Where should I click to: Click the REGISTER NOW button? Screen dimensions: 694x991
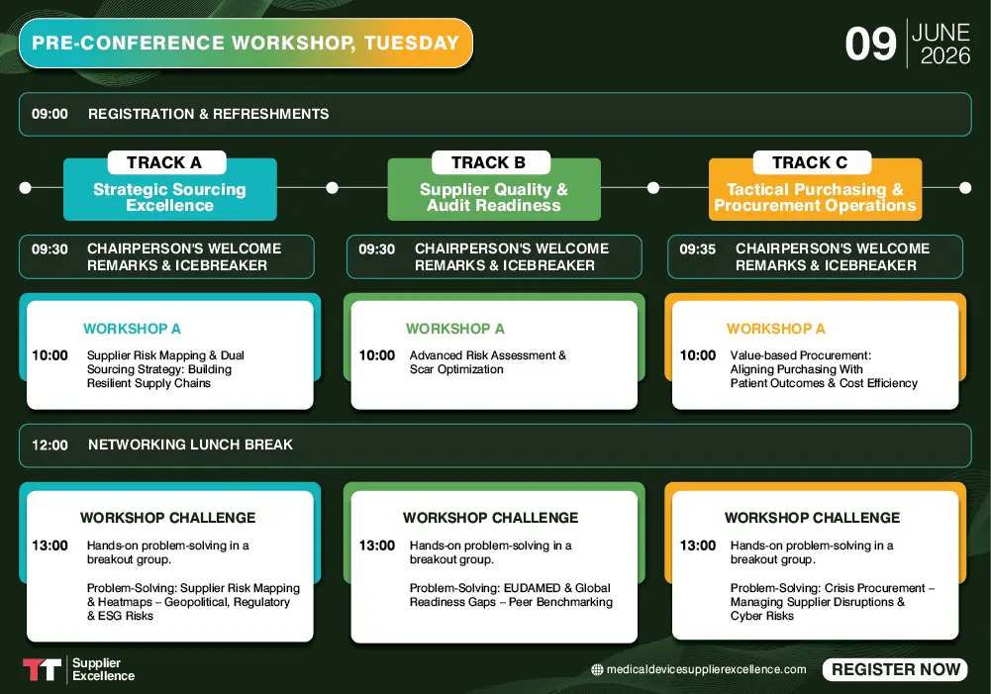click(895, 669)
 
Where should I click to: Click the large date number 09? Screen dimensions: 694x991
click(870, 45)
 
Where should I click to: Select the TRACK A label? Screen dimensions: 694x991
click(165, 162)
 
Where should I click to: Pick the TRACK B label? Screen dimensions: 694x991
click(488, 162)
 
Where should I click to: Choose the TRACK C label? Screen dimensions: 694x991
click(809, 162)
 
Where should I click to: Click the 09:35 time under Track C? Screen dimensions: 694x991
click(697, 249)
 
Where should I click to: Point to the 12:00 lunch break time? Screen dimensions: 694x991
click(50, 446)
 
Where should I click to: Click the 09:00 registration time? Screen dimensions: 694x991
click(50, 114)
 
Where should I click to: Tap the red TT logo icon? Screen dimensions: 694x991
click(42, 669)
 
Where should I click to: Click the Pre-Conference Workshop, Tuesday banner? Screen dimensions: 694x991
click(246, 43)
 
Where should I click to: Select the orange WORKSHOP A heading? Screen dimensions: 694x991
click(775, 329)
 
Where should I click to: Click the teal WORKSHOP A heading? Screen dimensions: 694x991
click(132, 329)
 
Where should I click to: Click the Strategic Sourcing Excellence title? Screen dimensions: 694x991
click(169, 197)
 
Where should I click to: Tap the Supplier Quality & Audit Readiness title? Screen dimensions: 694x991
click(493, 197)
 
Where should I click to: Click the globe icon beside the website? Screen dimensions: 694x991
click(597, 669)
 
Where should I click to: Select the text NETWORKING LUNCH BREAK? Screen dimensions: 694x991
click(190, 446)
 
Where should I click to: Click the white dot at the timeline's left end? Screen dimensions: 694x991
click(26, 187)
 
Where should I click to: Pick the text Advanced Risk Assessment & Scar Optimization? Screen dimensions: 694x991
click(487, 362)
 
